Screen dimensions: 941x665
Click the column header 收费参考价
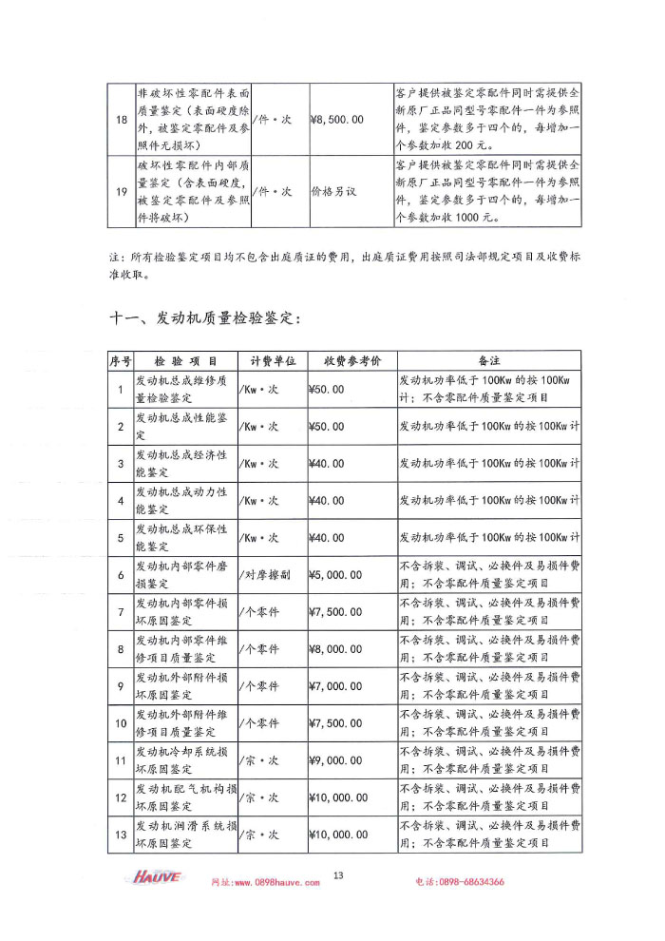click(x=351, y=361)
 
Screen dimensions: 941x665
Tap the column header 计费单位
click(x=274, y=361)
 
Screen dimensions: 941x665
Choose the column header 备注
click(x=488, y=361)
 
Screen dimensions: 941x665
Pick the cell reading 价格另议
click(x=333, y=191)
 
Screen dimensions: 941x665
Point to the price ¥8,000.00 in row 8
click(x=335, y=649)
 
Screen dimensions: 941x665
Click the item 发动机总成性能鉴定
click(x=181, y=427)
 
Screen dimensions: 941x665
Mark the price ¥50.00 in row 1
click(x=327, y=390)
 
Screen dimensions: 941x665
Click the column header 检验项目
click(x=185, y=361)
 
